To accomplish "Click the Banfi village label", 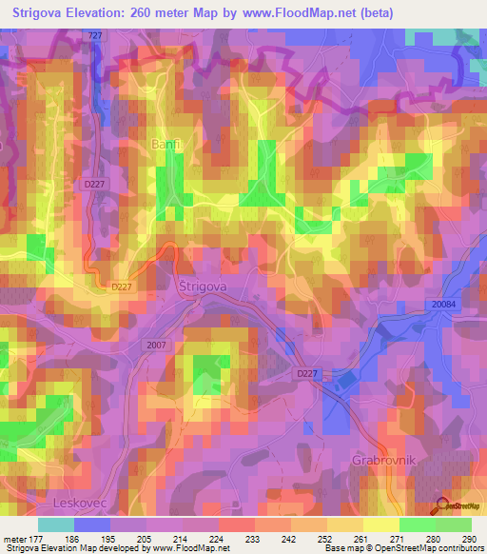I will pos(166,144).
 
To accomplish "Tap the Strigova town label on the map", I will pos(200,286).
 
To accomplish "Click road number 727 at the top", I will pos(93,35).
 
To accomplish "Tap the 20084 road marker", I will pos(442,303).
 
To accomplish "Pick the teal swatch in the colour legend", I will pos(56,524).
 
